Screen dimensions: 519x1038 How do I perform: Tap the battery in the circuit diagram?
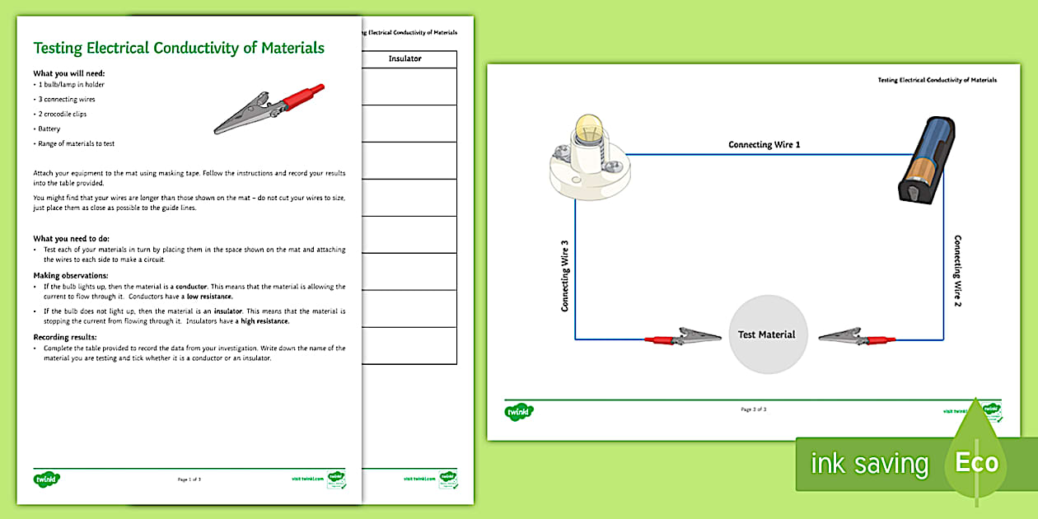pos(926,158)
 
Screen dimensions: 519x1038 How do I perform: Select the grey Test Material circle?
pos(766,334)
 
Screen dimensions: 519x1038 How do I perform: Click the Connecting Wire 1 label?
pos(764,145)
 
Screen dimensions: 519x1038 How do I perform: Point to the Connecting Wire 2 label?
pos(957,271)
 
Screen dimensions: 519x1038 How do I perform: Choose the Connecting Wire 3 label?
pos(565,276)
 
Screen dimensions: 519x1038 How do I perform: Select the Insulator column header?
pos(405,59)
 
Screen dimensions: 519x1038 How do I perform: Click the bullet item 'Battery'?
pos(48,129)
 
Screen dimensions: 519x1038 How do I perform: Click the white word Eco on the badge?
pos(976,462)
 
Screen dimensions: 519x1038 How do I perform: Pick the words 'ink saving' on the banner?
pos(869,464)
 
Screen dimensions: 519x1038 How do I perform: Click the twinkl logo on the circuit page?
pos(520,410)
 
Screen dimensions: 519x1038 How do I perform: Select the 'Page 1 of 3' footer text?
pos(189,479)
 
